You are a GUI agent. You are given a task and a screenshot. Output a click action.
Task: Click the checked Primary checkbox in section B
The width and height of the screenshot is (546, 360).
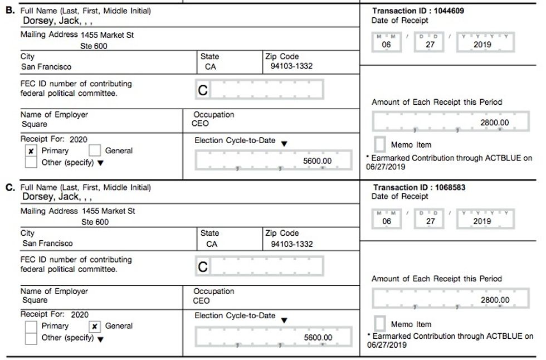point(31,151)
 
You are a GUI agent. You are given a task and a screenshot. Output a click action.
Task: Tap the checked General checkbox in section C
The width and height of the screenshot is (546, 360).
point(95,327)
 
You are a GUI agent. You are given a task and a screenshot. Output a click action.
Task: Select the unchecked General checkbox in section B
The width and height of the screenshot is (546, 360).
point(95,150)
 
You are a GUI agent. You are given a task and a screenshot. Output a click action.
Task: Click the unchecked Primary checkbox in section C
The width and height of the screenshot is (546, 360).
point(32,327)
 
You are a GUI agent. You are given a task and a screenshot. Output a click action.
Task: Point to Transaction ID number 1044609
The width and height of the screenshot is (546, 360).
point(444,11)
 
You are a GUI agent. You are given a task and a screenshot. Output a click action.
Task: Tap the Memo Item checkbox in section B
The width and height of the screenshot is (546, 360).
point(380,144)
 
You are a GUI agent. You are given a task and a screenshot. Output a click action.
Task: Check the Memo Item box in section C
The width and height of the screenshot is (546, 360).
point(380,323)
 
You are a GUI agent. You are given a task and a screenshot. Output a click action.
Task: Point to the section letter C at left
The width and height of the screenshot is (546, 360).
point(9,187)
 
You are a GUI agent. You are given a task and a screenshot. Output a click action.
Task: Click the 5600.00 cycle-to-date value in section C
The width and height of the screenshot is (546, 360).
point(318,338)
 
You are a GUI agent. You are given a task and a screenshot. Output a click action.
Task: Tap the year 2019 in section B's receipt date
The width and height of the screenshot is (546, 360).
point(482,45)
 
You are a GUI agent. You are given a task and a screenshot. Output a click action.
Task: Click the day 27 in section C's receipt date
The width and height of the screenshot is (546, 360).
point(430,221)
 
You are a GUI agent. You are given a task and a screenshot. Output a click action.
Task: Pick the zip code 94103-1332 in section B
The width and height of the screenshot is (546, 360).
point(287,66)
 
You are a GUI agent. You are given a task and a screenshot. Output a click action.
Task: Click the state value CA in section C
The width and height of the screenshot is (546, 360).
point(212,244)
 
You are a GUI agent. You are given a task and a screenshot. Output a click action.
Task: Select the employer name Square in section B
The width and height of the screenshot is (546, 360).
point(35,124)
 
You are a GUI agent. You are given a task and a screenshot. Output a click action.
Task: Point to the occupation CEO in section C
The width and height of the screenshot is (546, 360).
point(201,301)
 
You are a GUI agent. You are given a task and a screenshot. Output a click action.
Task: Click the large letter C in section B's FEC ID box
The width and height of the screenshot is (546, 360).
point(203,90)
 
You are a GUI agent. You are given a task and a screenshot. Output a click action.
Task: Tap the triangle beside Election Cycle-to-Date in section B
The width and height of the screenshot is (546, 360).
point(284,143)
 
